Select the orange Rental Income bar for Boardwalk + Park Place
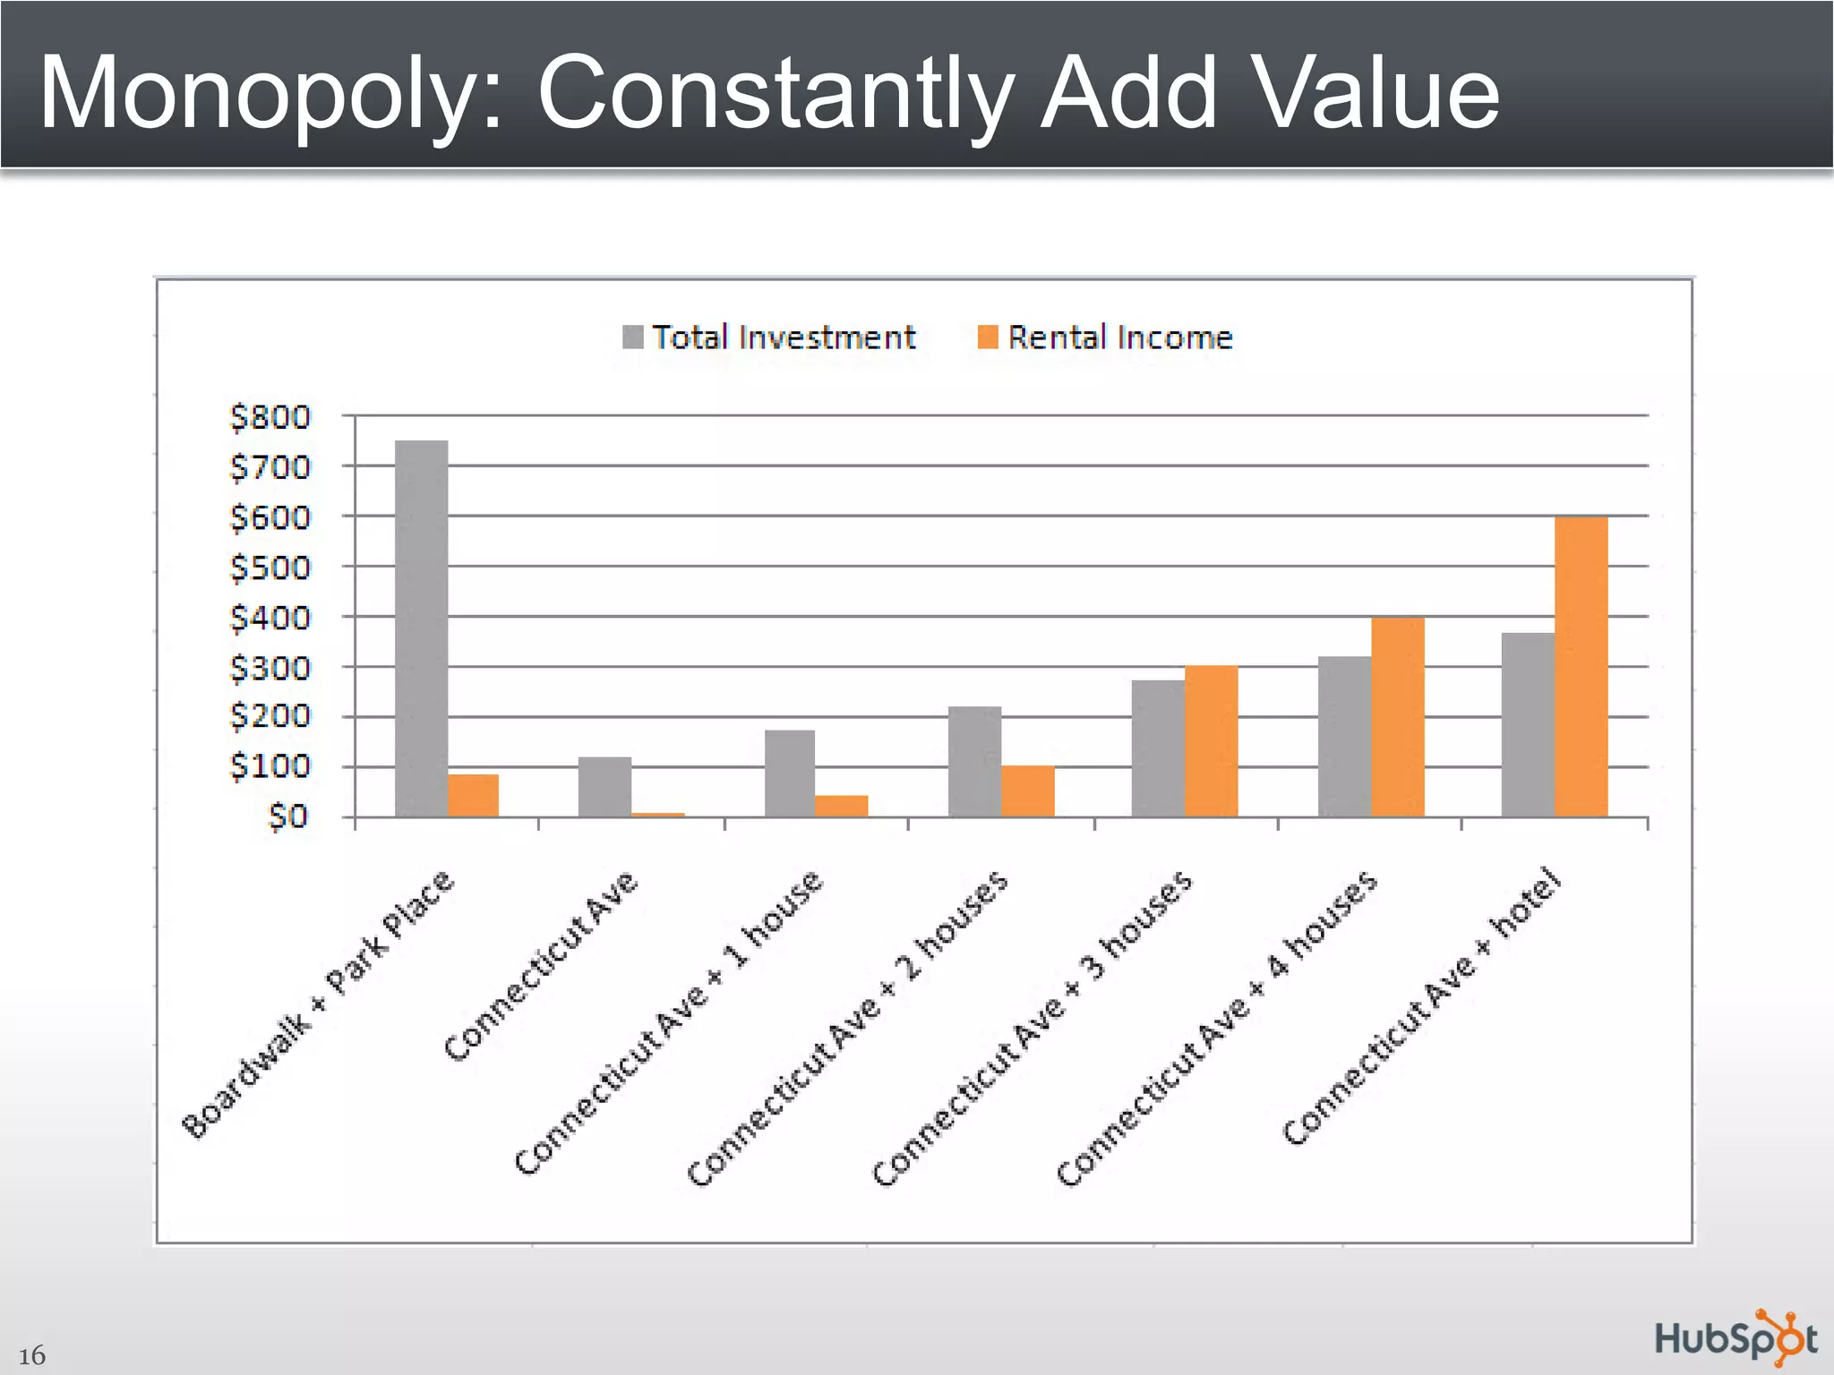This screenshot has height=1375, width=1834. click(473, 795)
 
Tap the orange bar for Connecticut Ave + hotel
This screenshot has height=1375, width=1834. click(1581, 667)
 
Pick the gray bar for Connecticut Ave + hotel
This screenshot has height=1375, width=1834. click(1528, 725)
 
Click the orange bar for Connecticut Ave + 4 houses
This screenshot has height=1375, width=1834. click(1397, 716)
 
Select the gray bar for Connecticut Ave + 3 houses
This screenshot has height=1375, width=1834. click(1158, 748)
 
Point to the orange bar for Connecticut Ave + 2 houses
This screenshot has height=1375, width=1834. click(1027, 791)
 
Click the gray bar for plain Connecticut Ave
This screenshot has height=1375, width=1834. click(604, 787)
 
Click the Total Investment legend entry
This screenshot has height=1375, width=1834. click(770, 337)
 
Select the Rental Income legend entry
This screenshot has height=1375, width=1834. click(1106, 337)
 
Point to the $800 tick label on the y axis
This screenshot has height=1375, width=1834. click(270, 417)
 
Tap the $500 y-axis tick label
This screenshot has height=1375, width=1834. click(270, 568)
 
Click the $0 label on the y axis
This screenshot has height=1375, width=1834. click(287, 816)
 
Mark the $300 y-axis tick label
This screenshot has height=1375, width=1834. click(270, 668)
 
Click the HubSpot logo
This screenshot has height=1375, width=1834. click(1735, 1339)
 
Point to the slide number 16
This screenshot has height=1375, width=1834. click(31, 1355)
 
